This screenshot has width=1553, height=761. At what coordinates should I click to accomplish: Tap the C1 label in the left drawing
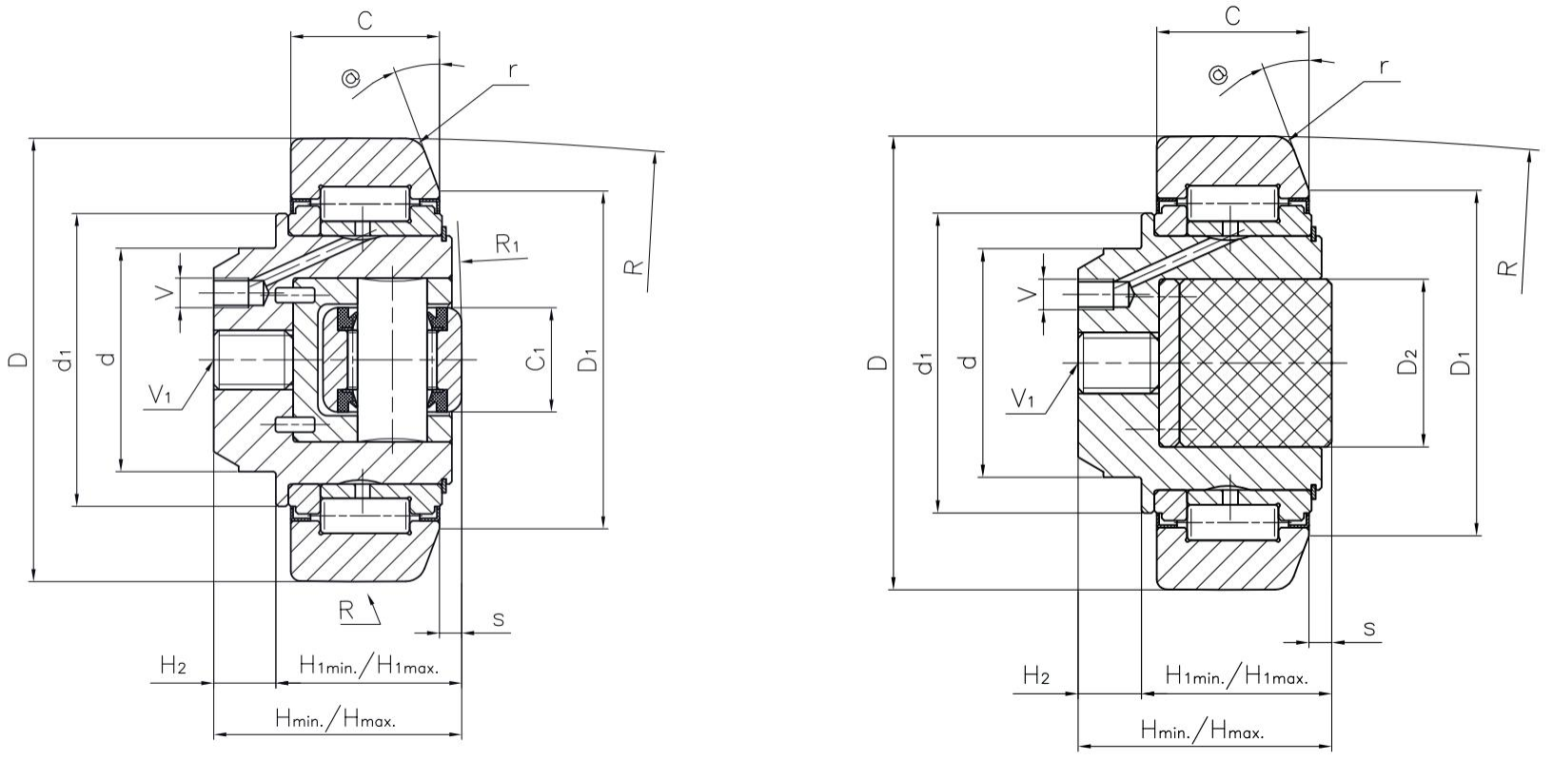[537, 360]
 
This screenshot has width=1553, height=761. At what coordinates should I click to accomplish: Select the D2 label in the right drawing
[1408, 362]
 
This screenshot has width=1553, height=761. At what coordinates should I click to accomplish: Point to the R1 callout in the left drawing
[508, 244]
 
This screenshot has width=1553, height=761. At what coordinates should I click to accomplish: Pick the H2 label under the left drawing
[172, 666]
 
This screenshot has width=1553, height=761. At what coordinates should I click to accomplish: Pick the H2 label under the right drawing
[1036, 676]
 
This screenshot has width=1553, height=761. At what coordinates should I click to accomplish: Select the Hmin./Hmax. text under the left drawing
[335, 719]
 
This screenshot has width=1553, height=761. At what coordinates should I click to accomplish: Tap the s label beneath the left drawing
[498, 619]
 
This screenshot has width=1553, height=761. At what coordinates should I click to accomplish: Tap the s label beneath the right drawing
[1369, 629]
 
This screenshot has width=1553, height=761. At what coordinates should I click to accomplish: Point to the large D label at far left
[18, 360]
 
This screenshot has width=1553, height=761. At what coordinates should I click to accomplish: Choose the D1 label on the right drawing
[1460, 362]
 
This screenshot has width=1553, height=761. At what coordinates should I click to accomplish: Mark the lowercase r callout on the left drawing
[513, 69]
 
